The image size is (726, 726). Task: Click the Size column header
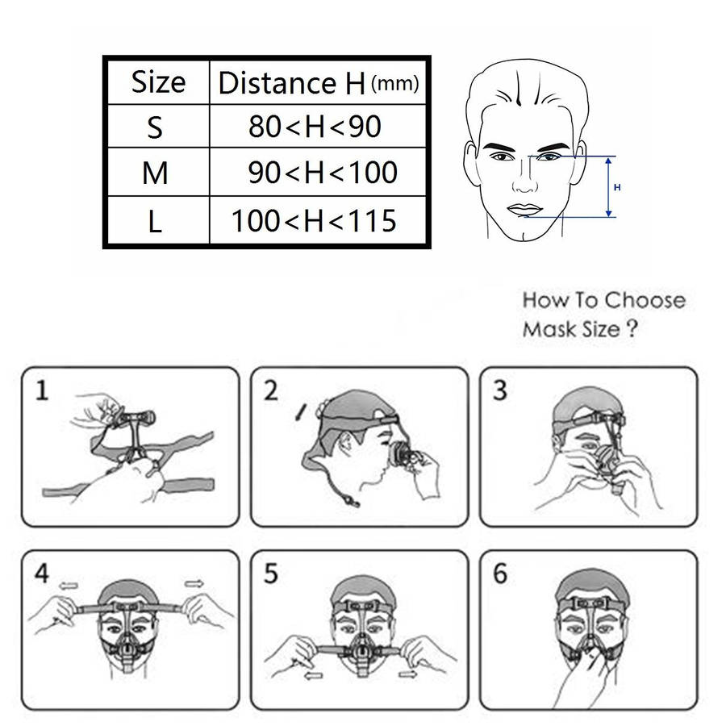click(x=158, y=82)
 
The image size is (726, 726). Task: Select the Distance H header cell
click(x=318, y=82)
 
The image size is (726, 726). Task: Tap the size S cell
click(x=158, y=127)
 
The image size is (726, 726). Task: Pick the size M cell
click(x=158, y=173)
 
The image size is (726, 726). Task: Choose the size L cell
click(x=158, y=220)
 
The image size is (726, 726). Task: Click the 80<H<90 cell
click(x=318, y=127)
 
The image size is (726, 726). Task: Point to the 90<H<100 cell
click(x=318, y=173)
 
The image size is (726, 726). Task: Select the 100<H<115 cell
click(x=318, y=220)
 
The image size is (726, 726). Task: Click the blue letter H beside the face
click(x=617, y=187)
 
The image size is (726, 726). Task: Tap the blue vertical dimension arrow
click(x=608, y=187)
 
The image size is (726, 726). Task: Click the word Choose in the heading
click(x=650, y=301)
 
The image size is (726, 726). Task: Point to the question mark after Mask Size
click(x=632, y=328)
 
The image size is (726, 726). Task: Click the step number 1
click(x=42, y=390)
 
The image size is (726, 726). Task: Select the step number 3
click(x=500, y=390)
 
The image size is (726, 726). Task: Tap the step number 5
click(x=271, y=574)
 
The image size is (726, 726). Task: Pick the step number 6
click(x=500, y=574)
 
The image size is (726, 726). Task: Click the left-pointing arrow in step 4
click(x=69, y=586)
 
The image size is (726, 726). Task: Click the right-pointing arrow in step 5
click(x=407, y=674)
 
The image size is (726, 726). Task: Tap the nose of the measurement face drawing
click(x=525, y=181)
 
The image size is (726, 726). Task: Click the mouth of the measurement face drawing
click(x=524, y=209)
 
